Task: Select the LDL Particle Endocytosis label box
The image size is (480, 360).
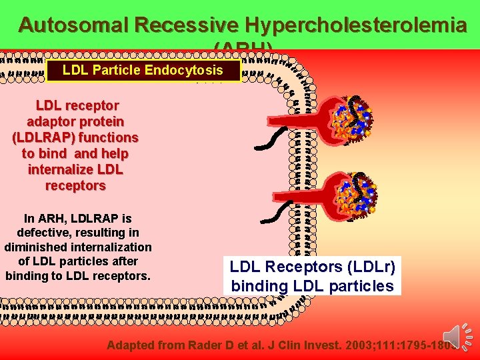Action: [x=143, y=70]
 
